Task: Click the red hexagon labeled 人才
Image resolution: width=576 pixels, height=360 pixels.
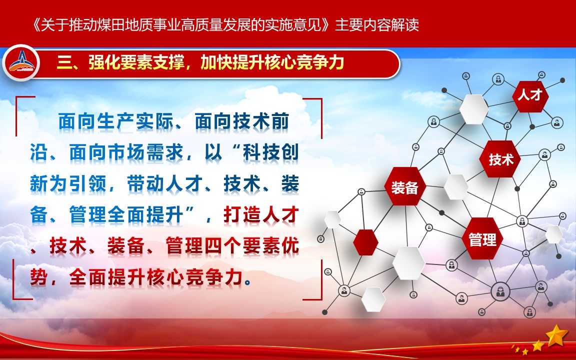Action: pyautogui.click(x=530, y=96)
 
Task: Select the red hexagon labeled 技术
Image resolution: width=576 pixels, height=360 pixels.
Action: pyautogui.click(x=500, y=159)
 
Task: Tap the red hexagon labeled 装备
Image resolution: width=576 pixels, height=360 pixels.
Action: pyautogui.click(x=405, y=186)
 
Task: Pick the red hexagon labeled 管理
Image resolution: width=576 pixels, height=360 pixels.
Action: pyautogui.click(x=482, y=239)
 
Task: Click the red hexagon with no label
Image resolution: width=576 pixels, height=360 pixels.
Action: pyautogui.click(x=365, y=242)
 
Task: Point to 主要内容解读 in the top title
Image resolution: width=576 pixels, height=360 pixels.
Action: pyautogui.click(x=377, y=25)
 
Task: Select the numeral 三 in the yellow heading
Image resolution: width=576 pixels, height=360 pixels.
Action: pyautogui.click(x=64, y=63)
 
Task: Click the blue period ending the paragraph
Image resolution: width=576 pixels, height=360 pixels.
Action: pyautogui.click(x=248, y=282)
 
